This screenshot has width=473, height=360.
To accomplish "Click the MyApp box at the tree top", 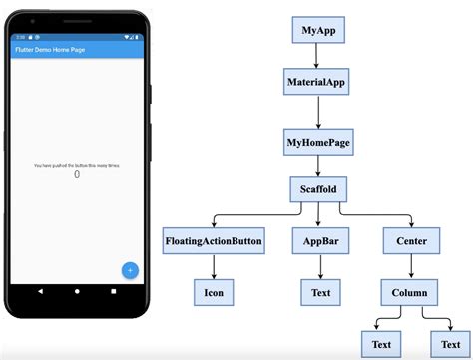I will pos(318,30).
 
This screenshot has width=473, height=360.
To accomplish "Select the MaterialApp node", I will pos(318,83).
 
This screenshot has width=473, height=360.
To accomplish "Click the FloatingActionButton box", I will pos(213,240).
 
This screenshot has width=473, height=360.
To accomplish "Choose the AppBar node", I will pos(321,240).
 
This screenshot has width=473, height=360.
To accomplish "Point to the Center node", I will pos(410,240).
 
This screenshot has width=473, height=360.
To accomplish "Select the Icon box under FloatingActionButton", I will pos(213,292).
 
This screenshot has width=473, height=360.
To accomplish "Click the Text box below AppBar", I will pos(321,292).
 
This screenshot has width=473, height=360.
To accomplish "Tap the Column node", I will pos(410,292).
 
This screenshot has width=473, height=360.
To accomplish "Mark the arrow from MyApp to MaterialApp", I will pos(318,56).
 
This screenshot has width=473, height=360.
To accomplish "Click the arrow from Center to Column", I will pos(410,266).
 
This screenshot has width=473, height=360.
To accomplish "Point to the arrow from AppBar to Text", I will pos(321,266).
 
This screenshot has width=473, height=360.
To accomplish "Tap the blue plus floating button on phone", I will pos(130,269).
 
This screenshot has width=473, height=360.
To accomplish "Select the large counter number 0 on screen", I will pos(78,174).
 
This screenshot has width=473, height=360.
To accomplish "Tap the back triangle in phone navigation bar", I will pos(41,291).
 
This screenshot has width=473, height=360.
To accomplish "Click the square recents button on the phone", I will pos(114,291).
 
